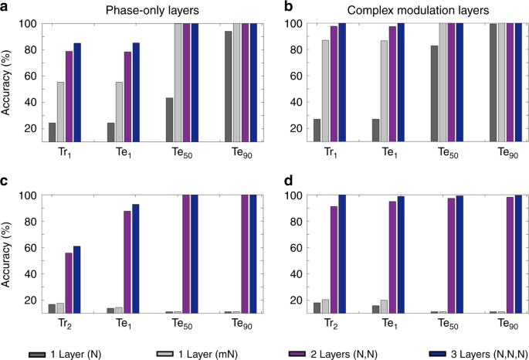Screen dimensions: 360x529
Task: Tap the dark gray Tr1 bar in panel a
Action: [x=53, y=132]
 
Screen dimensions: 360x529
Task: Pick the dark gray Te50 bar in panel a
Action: [x=168, y=120]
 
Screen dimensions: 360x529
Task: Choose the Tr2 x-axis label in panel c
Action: [x=65, y=327]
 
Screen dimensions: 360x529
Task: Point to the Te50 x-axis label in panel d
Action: [x=446, y=327]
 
